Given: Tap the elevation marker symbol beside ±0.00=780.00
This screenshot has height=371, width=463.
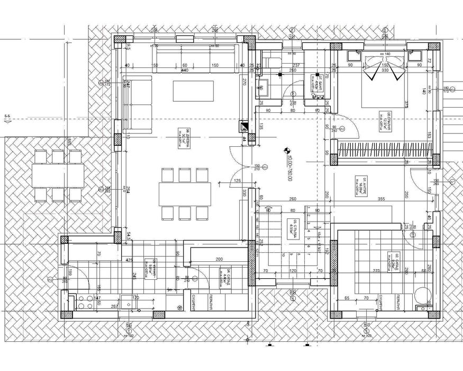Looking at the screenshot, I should tap(287, 151).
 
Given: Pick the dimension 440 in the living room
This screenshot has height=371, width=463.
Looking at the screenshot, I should tap(185, 70).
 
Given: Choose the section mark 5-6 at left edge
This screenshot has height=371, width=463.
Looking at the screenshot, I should tap(7, 117).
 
